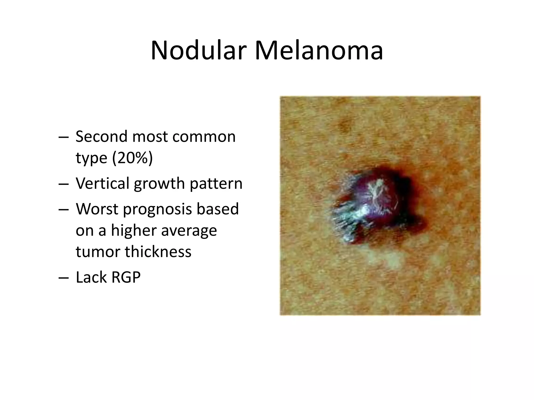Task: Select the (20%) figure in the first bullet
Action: click(132, 158)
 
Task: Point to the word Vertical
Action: click(102, 183)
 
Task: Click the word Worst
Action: click(97, 209)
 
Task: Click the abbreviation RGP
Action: click(126, 277)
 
